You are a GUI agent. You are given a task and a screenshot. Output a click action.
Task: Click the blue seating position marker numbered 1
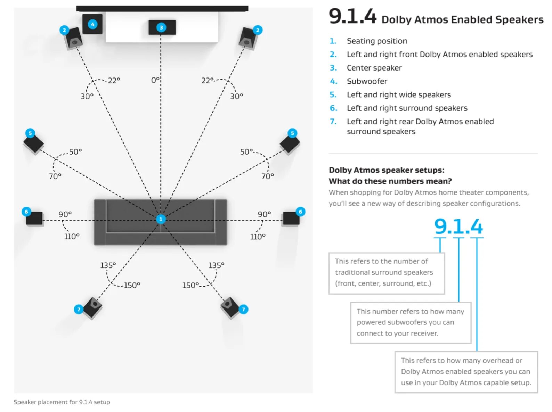pyautogui.click(x=161, y=219)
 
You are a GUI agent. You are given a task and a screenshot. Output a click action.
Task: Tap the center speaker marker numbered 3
pyautogui.click(x=161, y=27)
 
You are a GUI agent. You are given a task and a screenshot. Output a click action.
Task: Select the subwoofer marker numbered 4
pyautogui.click(x=92, y=24)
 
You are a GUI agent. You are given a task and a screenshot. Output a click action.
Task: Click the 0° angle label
pyautogui.click(x=155, y=80)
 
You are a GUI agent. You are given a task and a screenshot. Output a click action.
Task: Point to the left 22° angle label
pyautogui.click(x=114, y=80)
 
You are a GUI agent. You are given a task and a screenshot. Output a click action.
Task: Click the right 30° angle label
pyautogui.click(x=237, y=96)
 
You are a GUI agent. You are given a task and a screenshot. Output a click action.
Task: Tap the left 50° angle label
pyautogui.click(x=75, y=152)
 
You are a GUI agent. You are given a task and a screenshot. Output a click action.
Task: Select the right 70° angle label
pyautogui.click(x=268, y=176)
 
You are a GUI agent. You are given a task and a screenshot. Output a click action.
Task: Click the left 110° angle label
pyautogui.click(x=72, y=236)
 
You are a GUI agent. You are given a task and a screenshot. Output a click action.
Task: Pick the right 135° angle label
pyautogui.click(x=216, y=265)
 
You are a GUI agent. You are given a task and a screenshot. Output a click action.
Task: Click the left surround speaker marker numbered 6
pyautogui.click(x=26, y=212)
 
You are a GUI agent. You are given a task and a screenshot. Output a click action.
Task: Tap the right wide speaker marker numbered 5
pyautogui.click(x=292, y=133)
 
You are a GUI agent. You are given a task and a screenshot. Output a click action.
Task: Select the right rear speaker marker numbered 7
pyautogui.click(x=243, y=309)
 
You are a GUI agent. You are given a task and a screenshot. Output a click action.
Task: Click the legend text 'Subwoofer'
pyautogui.click(x=367, y=81)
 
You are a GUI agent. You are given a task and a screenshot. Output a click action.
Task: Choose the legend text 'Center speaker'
pyautogui.click(x=374, y=68)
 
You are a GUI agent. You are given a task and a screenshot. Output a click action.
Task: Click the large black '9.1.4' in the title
pyautogui.click(x=352, y=17)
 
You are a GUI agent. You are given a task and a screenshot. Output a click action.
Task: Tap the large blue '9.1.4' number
pyautogui.click(x=458, y=226)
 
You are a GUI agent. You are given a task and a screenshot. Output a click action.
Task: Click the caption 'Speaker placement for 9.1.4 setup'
pyautogui.click(x=62, y=402)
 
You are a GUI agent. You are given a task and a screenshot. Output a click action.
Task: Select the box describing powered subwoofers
pyautogui.click(x=411, y=322)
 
